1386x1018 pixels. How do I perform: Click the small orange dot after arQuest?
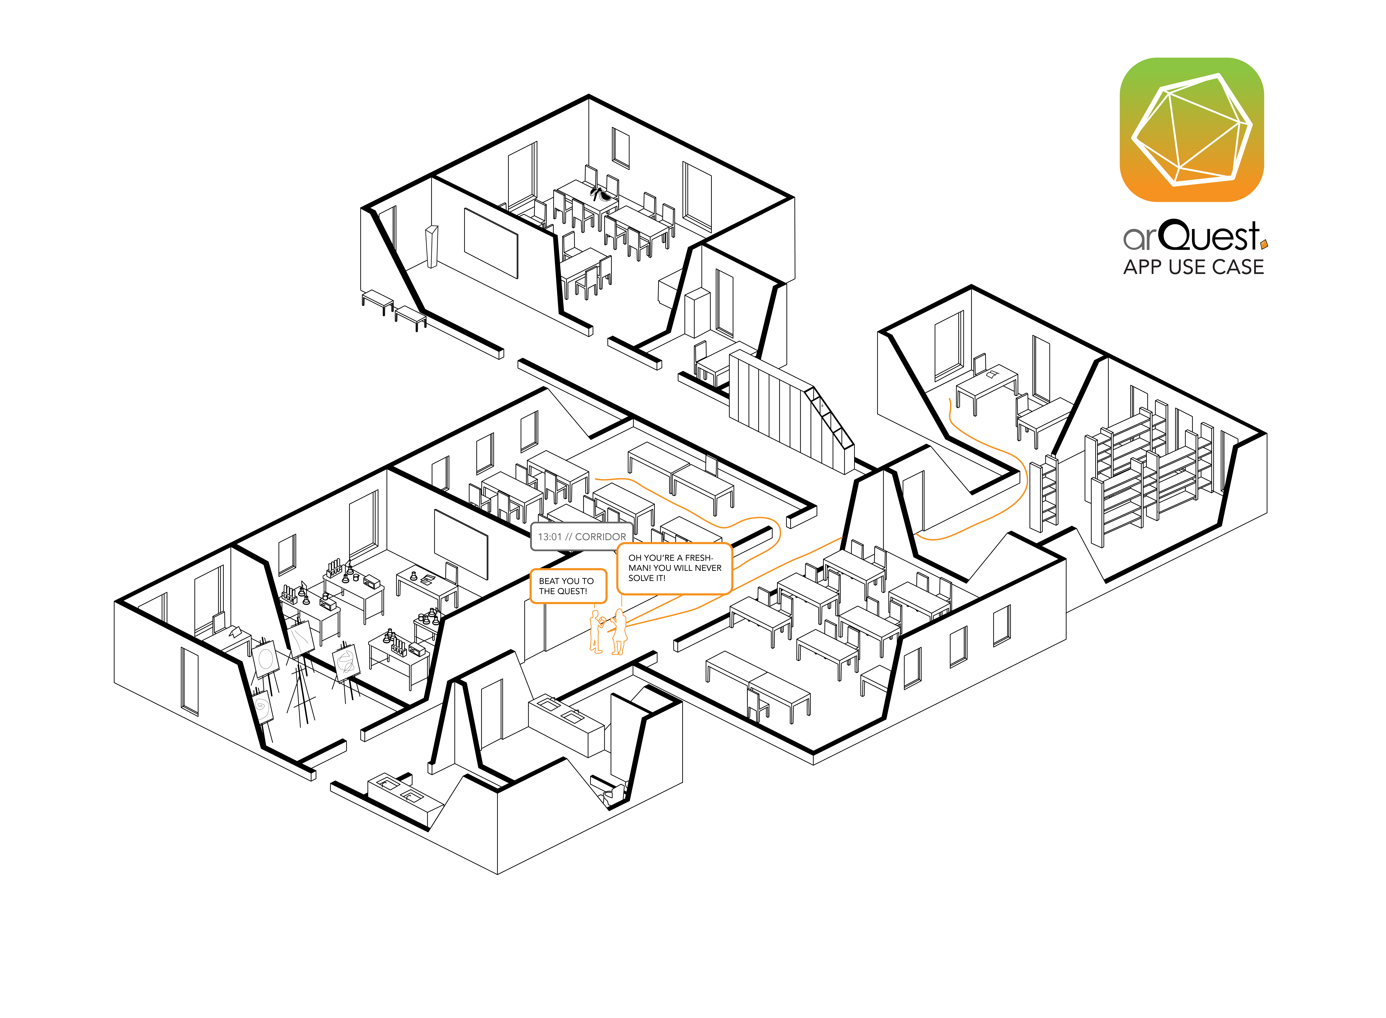tap(1264, 245)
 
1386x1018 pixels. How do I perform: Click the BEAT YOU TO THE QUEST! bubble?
tap(568, 586)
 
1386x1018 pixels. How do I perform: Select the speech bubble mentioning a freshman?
tap(674, 568)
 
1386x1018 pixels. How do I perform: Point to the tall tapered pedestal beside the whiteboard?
tap(431, 246)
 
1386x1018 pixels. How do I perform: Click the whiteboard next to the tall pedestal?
tap(491, 243)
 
